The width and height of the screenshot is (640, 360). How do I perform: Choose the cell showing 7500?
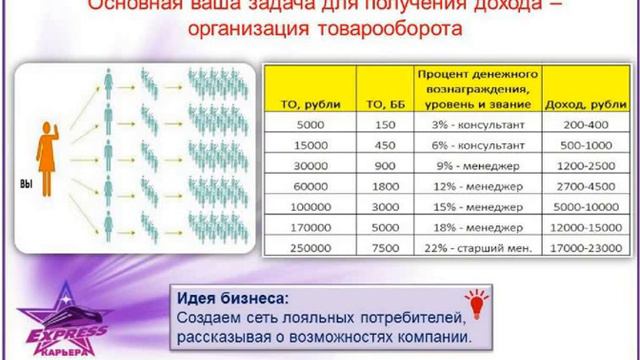[381, 245]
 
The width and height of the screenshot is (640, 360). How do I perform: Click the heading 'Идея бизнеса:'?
[231, 298]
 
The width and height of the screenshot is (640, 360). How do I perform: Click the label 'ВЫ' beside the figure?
[27, 185]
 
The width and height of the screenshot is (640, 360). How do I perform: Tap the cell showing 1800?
[381, 185]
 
